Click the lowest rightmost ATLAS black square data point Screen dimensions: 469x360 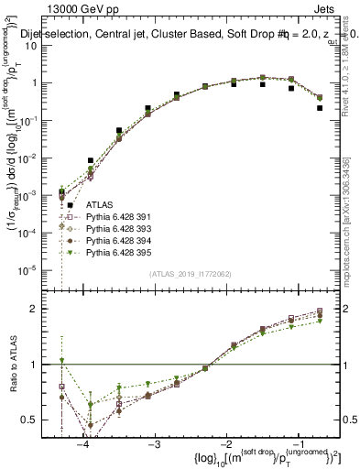(x=320, y=107)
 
